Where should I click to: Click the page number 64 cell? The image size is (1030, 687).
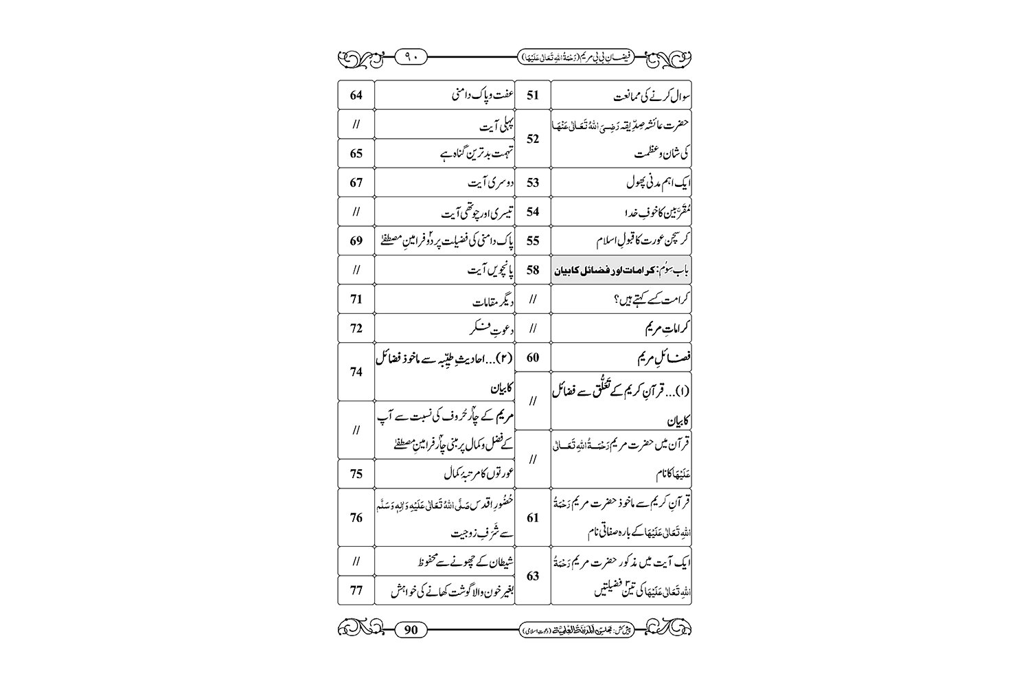point(356,95)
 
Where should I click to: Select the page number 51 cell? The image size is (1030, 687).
point(533,95)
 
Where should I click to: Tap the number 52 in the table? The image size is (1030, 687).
point(533,139)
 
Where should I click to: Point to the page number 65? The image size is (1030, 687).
point(356,153)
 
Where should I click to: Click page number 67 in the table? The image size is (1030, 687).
point(356,183)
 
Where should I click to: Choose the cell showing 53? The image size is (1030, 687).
point(533,183)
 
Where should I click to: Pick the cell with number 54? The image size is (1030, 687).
point(533,212)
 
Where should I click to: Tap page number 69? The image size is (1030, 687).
point(356,240)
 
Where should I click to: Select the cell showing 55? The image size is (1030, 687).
point(533,240)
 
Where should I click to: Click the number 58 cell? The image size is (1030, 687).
point(533,270)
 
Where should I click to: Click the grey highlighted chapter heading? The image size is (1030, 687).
point(621,271)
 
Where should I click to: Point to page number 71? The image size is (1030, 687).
point(356,300)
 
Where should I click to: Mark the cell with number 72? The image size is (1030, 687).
point(356,328)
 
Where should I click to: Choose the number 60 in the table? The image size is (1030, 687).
point(533,357)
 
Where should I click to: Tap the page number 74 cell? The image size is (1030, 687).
point(356,372)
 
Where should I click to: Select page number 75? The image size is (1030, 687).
point(356,473)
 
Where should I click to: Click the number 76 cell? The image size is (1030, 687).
point(356,517)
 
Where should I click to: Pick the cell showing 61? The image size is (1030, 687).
point(533,517)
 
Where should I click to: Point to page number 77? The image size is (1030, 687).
point(356,590)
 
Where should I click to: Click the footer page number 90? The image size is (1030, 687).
point(411,629)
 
